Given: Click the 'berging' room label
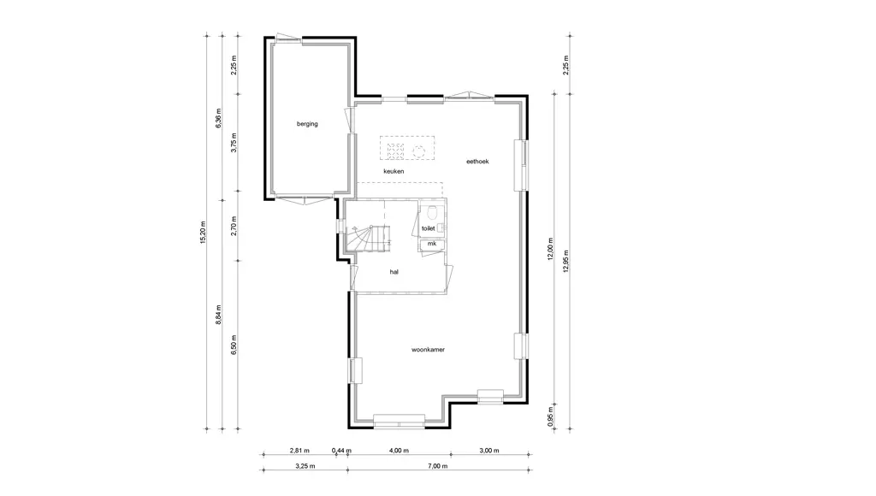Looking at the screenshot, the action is click(307, 124).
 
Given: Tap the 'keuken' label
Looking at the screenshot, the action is click(394, 172).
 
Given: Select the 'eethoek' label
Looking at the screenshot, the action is click(477, 162).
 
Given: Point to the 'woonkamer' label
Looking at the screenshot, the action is click(428, 350).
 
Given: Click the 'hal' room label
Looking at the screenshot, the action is click(394, 272).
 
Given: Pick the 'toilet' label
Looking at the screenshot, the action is click(428, 228).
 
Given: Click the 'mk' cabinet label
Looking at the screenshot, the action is click(432, 244).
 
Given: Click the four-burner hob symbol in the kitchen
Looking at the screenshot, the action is click(395, 151).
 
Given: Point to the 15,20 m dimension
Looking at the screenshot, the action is click(203, 233).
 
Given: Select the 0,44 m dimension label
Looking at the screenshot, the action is click(341, 450).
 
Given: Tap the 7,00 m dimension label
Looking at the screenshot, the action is click(438, 466).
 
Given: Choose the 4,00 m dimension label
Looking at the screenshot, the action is click(399, 450).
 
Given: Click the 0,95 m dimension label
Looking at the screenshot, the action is click(551, 420).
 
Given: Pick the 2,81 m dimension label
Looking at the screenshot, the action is click(299, 450).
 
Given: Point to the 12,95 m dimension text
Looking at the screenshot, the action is click(566, 261).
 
